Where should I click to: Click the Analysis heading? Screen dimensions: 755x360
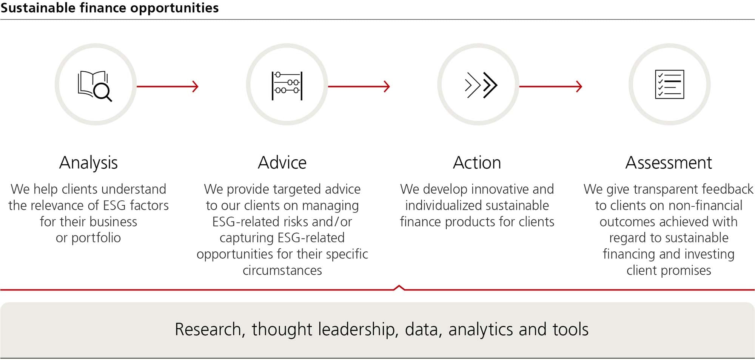88,163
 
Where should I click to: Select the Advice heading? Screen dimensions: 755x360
282,163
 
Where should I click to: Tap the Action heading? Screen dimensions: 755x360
477,163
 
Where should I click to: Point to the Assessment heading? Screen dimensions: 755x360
669,163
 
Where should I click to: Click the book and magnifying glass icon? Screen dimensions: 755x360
95,86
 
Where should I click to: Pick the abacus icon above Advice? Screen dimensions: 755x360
287,86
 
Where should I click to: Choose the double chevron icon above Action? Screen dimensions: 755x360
481,85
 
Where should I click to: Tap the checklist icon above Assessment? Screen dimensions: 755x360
669,84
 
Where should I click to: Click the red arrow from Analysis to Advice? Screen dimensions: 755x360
168,86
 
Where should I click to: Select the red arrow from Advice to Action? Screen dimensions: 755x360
359,86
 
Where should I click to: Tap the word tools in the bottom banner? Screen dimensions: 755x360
570,329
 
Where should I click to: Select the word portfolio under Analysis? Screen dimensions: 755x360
96,238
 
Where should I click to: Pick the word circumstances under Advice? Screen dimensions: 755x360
282,270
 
